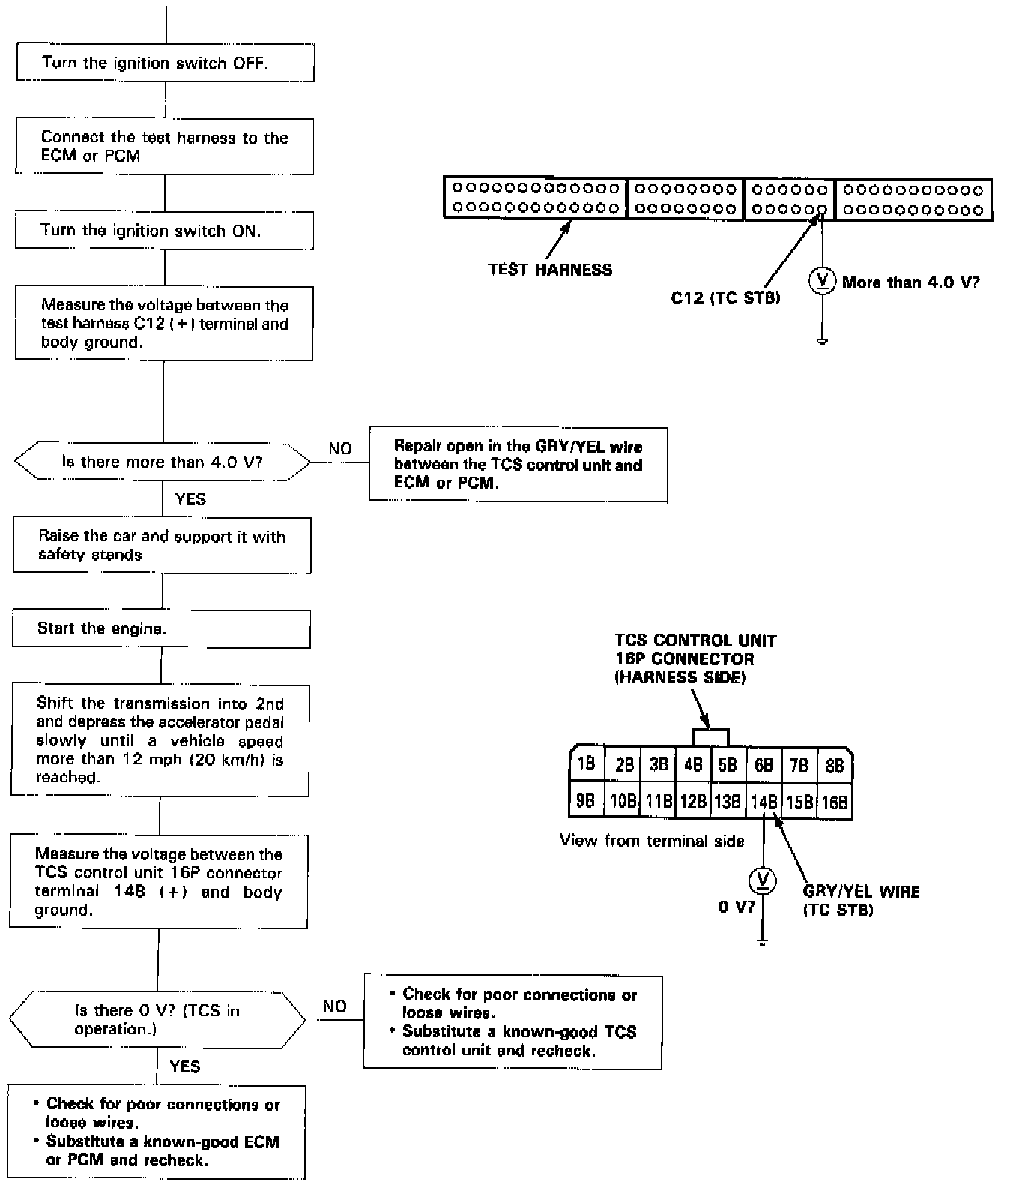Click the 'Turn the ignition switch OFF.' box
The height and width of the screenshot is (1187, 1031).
(x=165, y=63)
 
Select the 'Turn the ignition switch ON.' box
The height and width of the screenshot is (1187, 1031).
(x=164, y=231)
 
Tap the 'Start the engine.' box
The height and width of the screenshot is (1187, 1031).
(x=161, y=629)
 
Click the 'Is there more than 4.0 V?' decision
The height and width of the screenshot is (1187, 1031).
(x=162, y=462)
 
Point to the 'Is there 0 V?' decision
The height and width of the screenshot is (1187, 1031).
(x=157, y=1020)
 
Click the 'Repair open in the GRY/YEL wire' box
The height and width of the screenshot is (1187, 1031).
(x=518, y=465)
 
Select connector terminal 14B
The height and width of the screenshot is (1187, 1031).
(x=764, y=802)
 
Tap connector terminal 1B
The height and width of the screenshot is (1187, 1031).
(x=586, y=764)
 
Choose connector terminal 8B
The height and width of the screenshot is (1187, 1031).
(x=834, y=765)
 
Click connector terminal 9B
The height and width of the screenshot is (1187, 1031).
(x=586, y=801)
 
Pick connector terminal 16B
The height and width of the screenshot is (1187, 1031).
(x=834, y=803)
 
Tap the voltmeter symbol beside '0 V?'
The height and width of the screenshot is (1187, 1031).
(x=763, y=881)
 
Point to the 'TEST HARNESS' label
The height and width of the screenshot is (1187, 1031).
(x=550, y=270)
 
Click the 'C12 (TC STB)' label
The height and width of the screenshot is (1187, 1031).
(x=725, y=298)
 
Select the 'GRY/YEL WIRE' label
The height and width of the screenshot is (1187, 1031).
(x=861, y=892)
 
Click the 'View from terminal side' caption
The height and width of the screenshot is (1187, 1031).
(x=652, y=841)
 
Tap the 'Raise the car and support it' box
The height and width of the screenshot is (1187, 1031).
(x=162, y=546)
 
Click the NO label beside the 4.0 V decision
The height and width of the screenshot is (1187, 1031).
(x=340, y=448)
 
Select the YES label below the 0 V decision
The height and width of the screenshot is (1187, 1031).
(x=184, y=1066)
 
